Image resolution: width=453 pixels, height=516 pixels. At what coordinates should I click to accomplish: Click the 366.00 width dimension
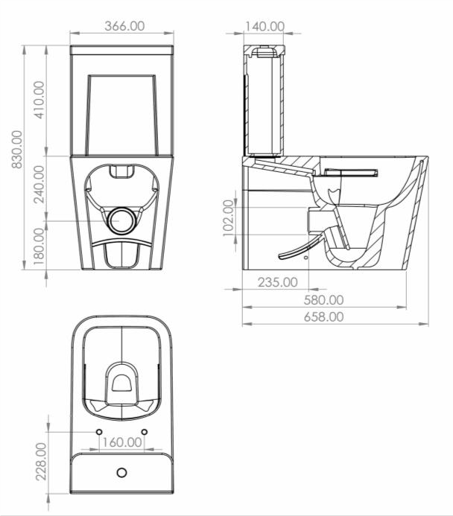[124, 25]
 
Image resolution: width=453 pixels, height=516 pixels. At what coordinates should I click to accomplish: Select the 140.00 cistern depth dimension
[264, 26]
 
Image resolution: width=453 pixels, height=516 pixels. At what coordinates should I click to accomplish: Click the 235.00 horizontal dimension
[277, 282]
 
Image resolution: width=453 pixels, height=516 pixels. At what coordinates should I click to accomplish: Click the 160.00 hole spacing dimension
[121, 442]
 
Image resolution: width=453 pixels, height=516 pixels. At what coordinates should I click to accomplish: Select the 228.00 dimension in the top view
[40, 462]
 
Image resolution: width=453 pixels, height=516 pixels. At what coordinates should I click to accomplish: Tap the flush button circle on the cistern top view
[121, 472]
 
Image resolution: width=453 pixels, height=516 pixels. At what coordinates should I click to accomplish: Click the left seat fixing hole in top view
[98, 431]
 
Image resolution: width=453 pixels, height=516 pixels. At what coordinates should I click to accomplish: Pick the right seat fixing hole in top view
[144, 431]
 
